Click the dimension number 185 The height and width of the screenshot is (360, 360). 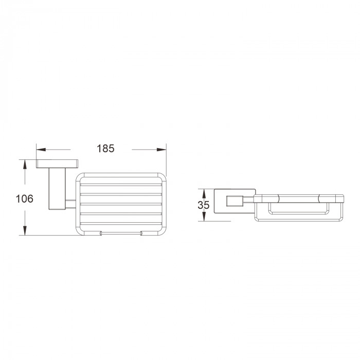click(x=105, y=149)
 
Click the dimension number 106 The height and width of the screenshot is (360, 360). click(x=24, y=199)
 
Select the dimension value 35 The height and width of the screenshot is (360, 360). click(x=204, y=205)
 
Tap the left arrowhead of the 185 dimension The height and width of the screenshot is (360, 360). click(x=41, y=150)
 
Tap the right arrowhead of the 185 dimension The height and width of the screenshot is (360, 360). click(x=161, y=150)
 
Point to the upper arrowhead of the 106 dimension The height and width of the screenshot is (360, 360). click(x=25, y=165)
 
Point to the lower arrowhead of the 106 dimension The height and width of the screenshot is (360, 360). click(x=25, y=230)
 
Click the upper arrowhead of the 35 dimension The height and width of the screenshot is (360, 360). click(x=204, y=193)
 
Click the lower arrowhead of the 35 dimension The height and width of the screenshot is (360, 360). click(x=204, y=217)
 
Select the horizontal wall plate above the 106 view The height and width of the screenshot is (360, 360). click(x=57, y=164)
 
